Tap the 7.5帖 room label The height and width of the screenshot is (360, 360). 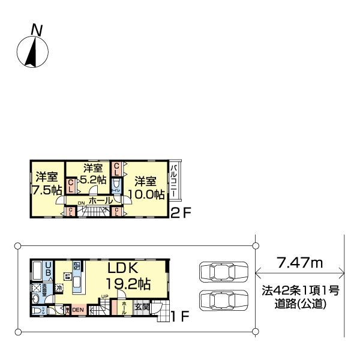point(46,190)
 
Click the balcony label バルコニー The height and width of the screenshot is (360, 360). point(173,181)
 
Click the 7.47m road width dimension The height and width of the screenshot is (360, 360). point(299,262)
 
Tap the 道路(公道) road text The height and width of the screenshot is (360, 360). point(299,305)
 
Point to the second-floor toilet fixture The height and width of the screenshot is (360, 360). point(116,187)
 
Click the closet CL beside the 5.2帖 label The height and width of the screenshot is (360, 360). point(71,186)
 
